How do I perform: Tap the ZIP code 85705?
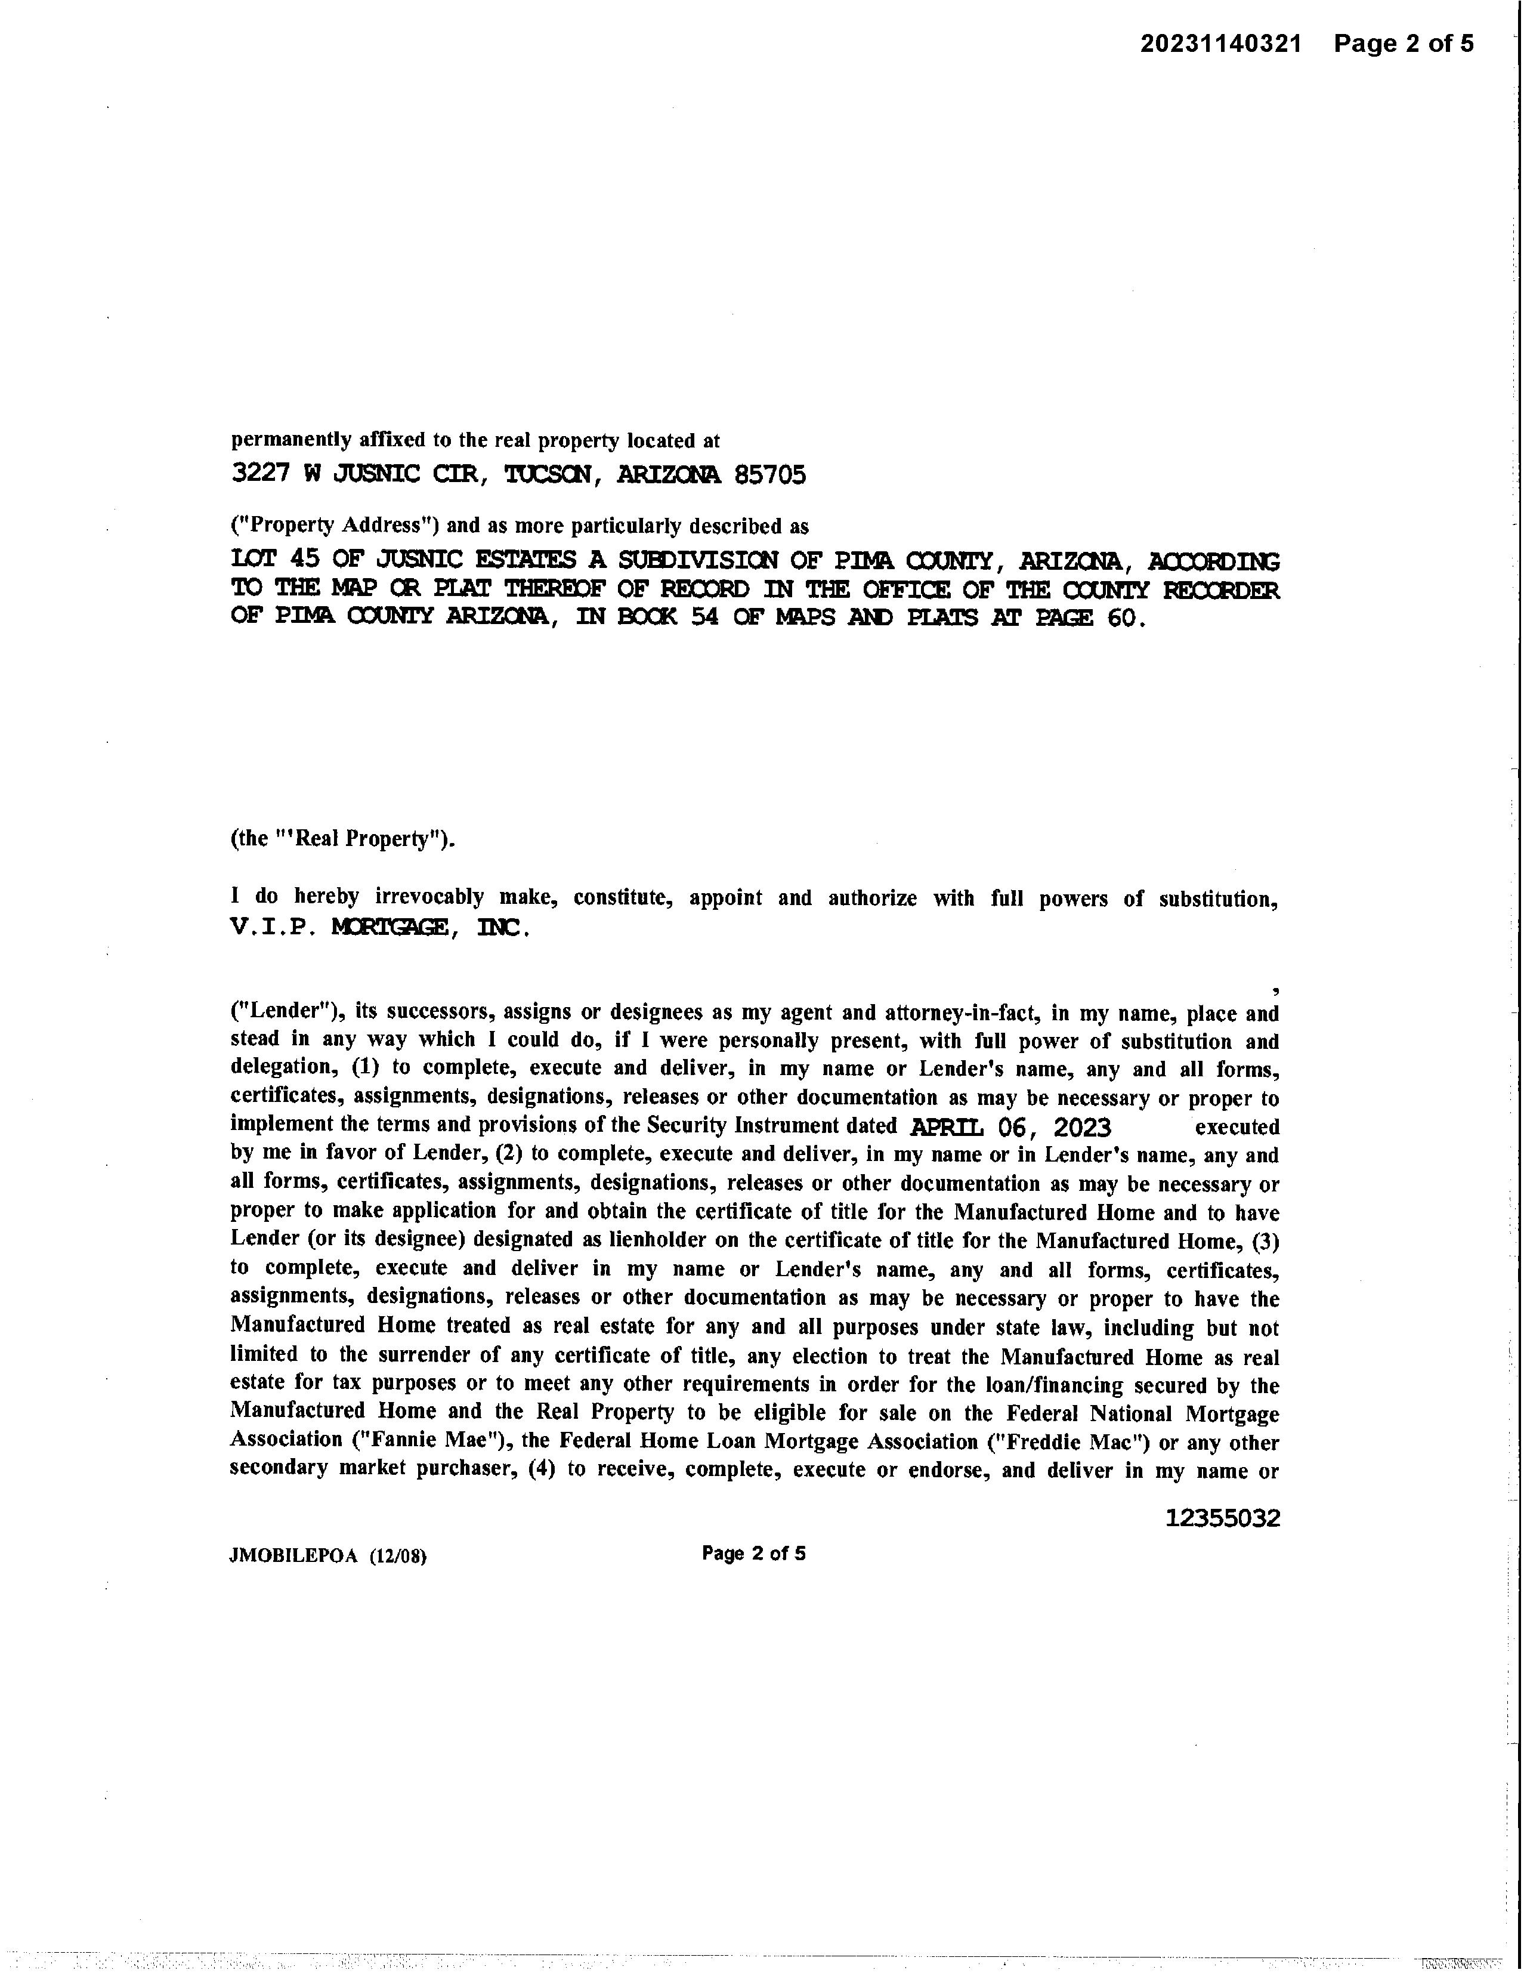[x=770, y=475]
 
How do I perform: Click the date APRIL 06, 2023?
[x=1010, y=1128]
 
